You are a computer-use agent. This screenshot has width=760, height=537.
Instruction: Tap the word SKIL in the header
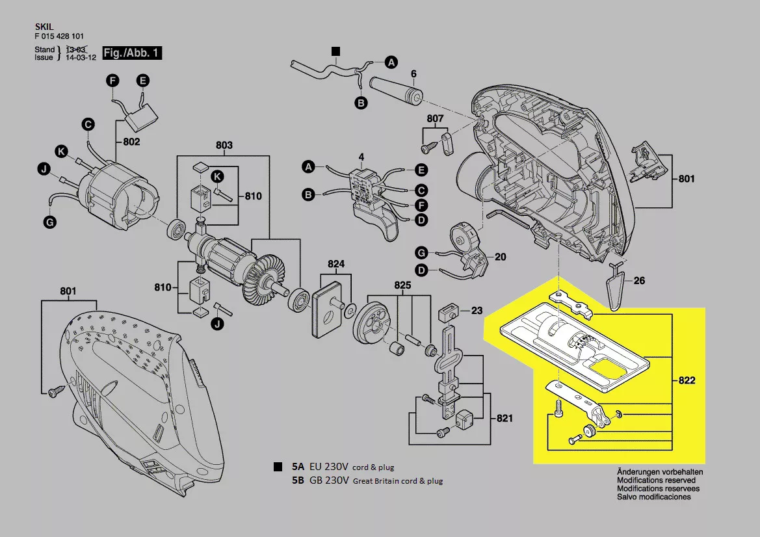[43, 27]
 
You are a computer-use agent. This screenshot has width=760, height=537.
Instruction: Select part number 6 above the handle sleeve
[413, 73]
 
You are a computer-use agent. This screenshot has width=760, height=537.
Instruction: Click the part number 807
[435, 119]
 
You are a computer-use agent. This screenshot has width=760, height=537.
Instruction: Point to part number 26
[640, 282]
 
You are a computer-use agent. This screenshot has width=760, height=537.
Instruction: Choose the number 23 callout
[477, 311]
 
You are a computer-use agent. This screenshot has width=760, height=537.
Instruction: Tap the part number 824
[336, 265]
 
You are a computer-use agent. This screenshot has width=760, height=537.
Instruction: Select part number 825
[403, 285]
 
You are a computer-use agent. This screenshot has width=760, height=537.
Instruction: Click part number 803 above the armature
[224, 146]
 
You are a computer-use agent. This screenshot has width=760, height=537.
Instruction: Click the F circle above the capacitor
[112, 81]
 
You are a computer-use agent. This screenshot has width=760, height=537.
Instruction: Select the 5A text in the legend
[298, 467]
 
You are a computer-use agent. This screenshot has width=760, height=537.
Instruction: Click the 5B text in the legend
[298, 481]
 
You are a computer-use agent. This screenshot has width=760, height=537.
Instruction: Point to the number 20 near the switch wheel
[500, 257]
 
